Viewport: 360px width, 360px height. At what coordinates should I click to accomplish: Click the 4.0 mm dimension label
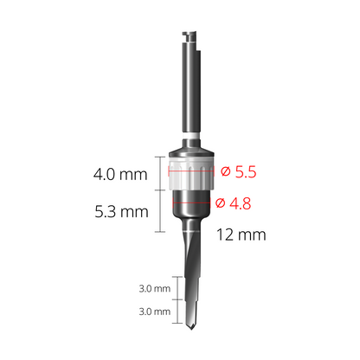[119, 175]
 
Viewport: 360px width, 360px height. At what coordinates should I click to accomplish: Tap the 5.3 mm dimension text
[119, 210]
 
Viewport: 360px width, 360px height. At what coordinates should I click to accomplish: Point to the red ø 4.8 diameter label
[234, 203]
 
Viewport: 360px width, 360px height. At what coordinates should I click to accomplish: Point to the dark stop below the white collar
[191, 208]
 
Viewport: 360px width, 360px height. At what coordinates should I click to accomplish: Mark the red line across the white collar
[191, 171]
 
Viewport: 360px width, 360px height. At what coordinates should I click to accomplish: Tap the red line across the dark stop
[191, 203]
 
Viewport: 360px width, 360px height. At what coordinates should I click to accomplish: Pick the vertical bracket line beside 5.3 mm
[160, 213]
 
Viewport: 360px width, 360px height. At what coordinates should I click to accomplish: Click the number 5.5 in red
[247, 172]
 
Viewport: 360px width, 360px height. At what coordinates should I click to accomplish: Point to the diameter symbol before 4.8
[220, 203]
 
